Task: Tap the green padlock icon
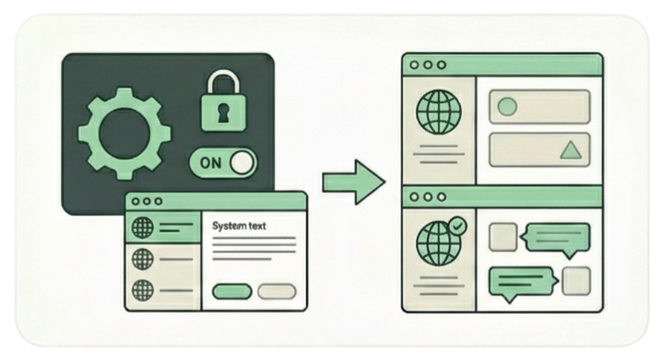point(222,106)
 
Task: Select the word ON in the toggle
point(211,162)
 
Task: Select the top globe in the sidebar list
point(143,227)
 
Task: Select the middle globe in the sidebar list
point(143,258)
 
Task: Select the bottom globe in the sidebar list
point(143,288)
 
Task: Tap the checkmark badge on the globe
point(457,226)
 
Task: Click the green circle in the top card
point(507,107)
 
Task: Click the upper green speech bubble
point(555,239)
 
